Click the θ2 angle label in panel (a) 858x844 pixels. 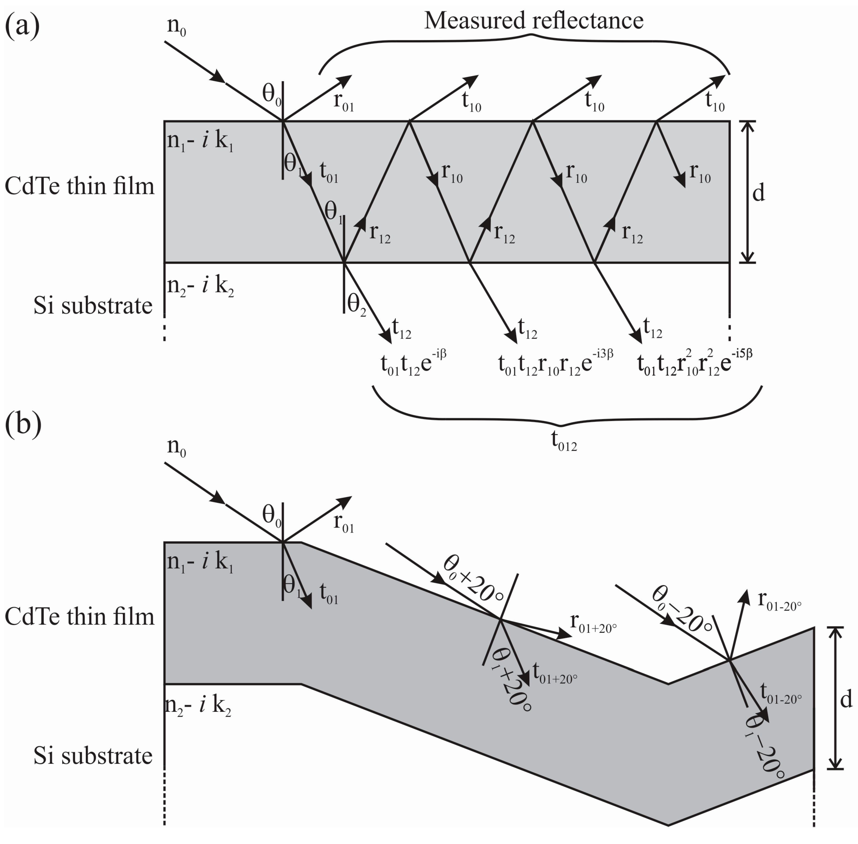point(357,305)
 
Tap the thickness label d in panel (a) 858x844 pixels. point(759,193)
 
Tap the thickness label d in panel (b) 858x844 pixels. point(846,700)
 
